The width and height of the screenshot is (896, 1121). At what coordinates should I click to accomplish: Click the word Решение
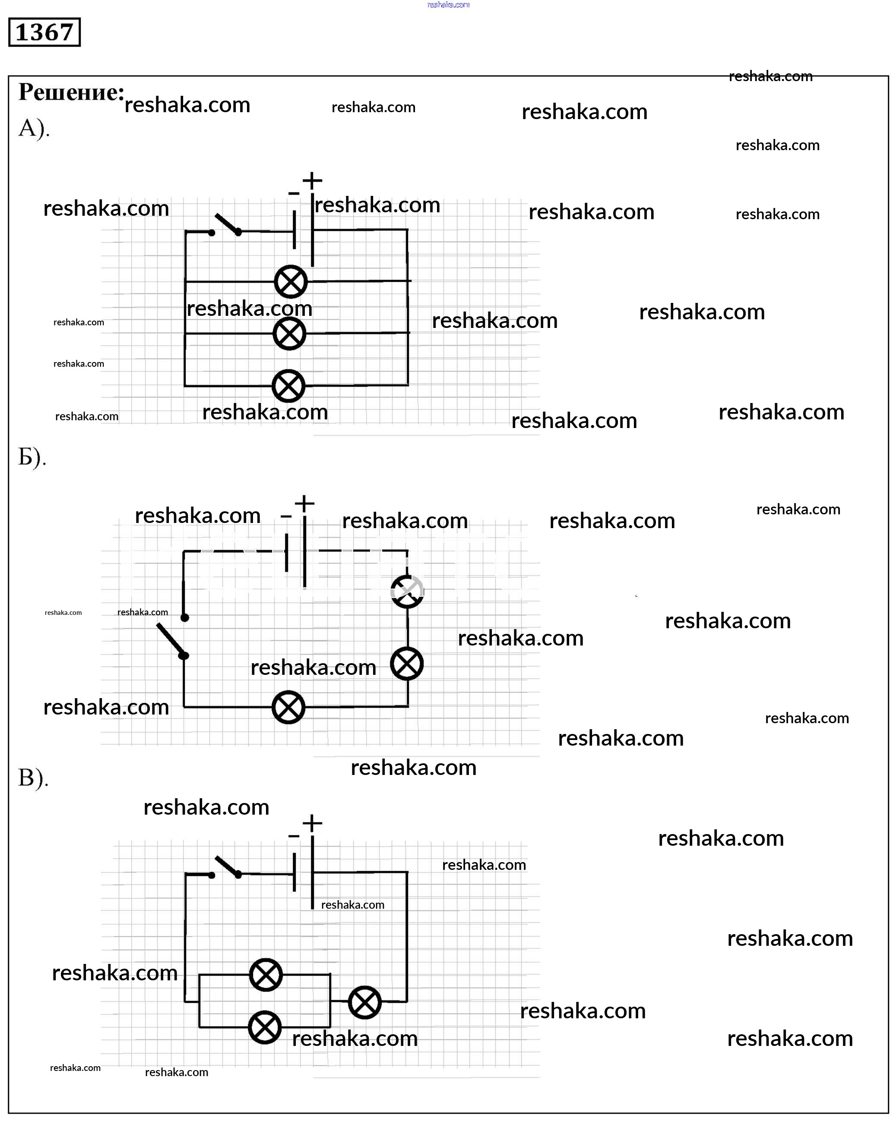click(x=71, y=92)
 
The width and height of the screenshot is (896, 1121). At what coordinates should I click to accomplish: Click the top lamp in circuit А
click(x=291, y=282)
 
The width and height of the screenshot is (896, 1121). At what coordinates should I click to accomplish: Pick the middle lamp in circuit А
click(x=289, y=334)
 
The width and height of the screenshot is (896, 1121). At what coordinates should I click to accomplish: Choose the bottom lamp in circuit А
click(x=289, y=386)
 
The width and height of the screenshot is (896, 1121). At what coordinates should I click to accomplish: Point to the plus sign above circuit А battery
click(x=312, y=180)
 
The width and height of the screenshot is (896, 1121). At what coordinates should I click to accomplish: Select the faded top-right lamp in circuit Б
click(x=408, y=591)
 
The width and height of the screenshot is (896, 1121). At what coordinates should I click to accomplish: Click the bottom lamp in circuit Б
click(x=289, y=707)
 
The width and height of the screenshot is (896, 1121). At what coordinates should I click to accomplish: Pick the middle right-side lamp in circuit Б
click(x=407, y=664)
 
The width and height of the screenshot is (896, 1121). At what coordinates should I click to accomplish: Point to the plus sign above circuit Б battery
click(x=304, y=503)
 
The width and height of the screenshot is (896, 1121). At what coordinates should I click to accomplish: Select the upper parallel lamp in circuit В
click(x=266, y=975)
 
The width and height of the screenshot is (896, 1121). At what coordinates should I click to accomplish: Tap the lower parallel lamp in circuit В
click(x=265, y=1027)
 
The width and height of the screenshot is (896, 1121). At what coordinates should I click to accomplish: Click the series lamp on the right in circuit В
click(x=365, y=1002)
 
